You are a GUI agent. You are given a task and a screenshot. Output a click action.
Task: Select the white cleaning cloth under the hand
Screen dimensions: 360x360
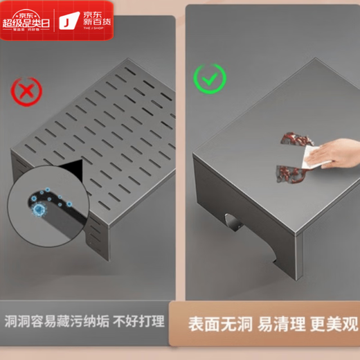tap(307, 159)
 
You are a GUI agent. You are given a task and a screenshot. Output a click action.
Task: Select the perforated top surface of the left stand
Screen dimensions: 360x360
tap(104, 118)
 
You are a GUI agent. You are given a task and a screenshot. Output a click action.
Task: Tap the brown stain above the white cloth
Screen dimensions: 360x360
tap(291, 138)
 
